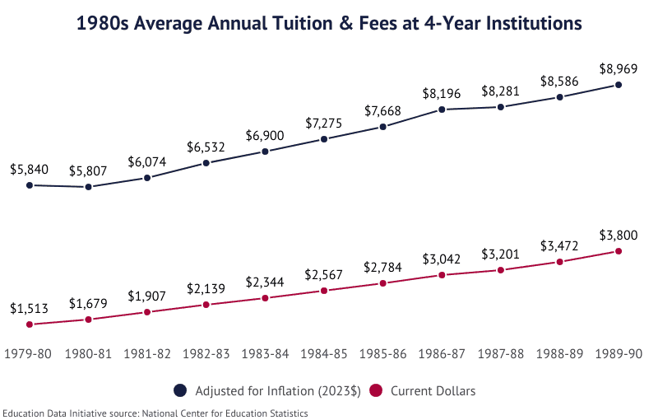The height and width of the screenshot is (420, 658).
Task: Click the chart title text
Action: point(329,24)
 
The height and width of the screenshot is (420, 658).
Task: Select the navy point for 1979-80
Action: point(30,185)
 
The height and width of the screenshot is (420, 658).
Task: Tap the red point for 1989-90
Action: point(618,251)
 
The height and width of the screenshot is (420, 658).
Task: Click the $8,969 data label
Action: point(618,68)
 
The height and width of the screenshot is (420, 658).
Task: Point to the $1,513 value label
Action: point(30,308)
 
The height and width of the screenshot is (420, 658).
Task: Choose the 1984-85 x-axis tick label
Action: point(324,353)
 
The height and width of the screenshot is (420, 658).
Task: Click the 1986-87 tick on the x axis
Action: point(442,353)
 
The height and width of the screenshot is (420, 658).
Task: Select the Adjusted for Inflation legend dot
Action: point(181,390)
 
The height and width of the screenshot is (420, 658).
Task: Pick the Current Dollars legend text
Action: point(433,390)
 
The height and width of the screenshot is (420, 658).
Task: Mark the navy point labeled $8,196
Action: point(442,110)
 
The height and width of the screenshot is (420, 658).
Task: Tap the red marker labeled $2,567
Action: point(324,291)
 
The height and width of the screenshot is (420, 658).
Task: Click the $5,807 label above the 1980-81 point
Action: point(88,170)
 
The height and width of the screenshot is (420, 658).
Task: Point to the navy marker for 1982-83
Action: point(206,163)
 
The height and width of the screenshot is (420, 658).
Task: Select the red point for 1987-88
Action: point(500,270)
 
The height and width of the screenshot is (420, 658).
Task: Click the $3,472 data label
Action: point(559,245)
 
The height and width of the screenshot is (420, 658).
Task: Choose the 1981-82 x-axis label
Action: point(147,353)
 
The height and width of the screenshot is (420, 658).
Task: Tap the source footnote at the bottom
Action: point(155,413)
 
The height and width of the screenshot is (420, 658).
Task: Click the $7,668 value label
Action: point(383,110)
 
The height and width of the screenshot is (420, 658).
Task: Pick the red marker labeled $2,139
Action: point(206,305)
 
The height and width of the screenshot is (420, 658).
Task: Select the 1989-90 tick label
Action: point(618,353)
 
